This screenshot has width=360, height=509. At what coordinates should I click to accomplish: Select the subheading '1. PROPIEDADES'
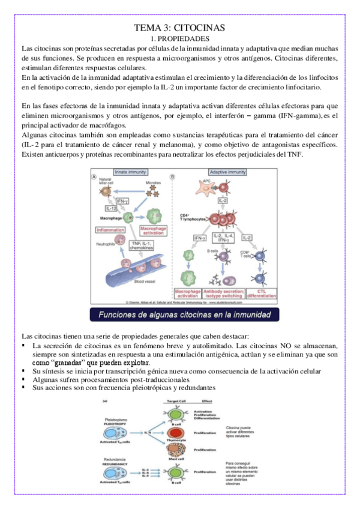180,38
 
